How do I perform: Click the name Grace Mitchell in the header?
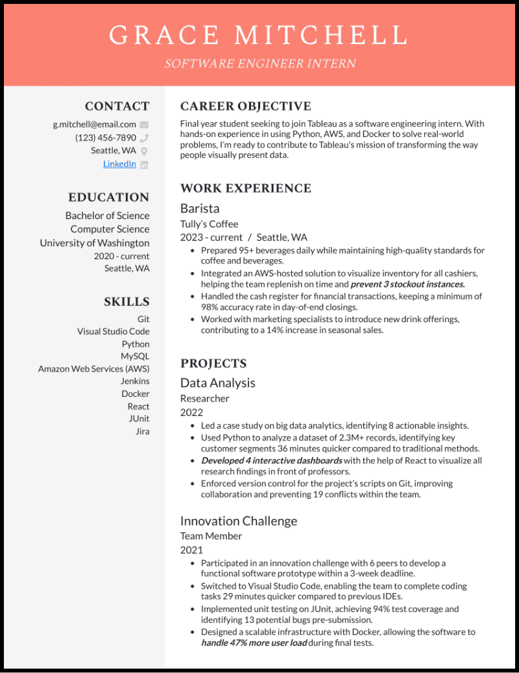click(259, 34)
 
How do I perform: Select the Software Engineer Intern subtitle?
click(259, 64)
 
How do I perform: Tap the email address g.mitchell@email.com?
click(95, 124)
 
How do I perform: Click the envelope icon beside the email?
click(144, 125)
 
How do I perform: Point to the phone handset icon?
click(144, 138)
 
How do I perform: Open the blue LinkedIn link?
click(119, 164)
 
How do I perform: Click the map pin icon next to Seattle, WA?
click(144, 151)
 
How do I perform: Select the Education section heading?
click(109, 197)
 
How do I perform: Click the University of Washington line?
click(95, 243)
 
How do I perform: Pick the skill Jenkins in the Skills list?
click(135, 381)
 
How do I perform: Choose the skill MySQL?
click(135, 356)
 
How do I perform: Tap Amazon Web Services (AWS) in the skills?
click(94, 369)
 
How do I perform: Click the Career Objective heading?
click(246, 107)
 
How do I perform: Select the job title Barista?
click(200, 209)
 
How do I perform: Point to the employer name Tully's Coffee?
click(209, 224)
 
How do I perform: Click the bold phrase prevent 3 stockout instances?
click(407, 285)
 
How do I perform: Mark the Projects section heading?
click(213, 364)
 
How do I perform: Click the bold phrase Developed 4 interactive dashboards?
click(271, 461)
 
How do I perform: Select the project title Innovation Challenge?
click(239, 521)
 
